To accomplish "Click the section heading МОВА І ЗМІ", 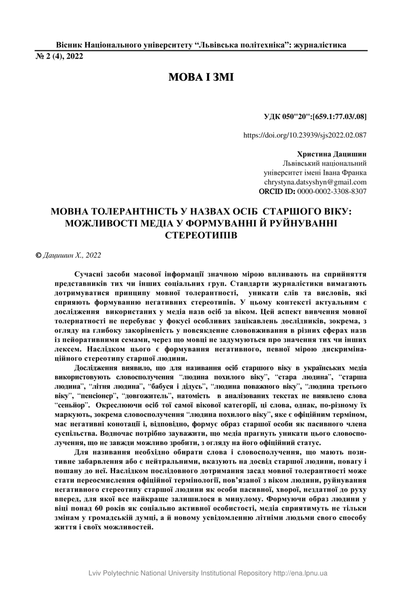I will point(201,77).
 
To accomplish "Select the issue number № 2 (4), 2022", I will point(59,56).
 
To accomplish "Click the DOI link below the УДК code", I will point(304,135).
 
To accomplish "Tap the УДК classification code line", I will point(314,116).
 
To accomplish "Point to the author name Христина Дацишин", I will point(331,154).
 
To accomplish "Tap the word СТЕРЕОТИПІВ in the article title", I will point(201,235).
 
